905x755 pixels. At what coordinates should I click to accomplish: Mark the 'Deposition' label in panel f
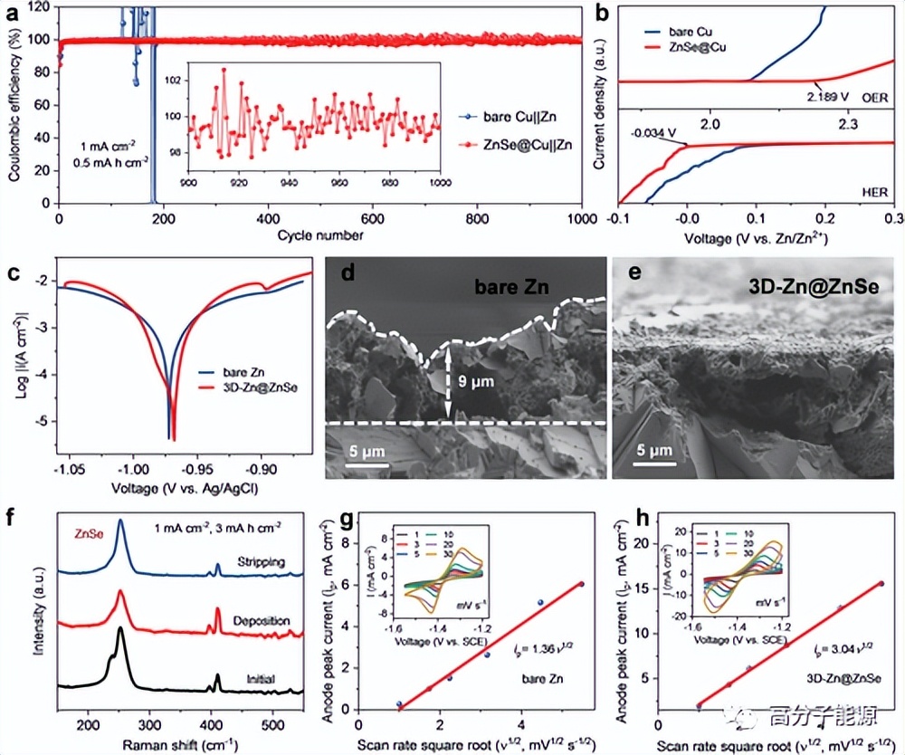coord(262,621)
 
